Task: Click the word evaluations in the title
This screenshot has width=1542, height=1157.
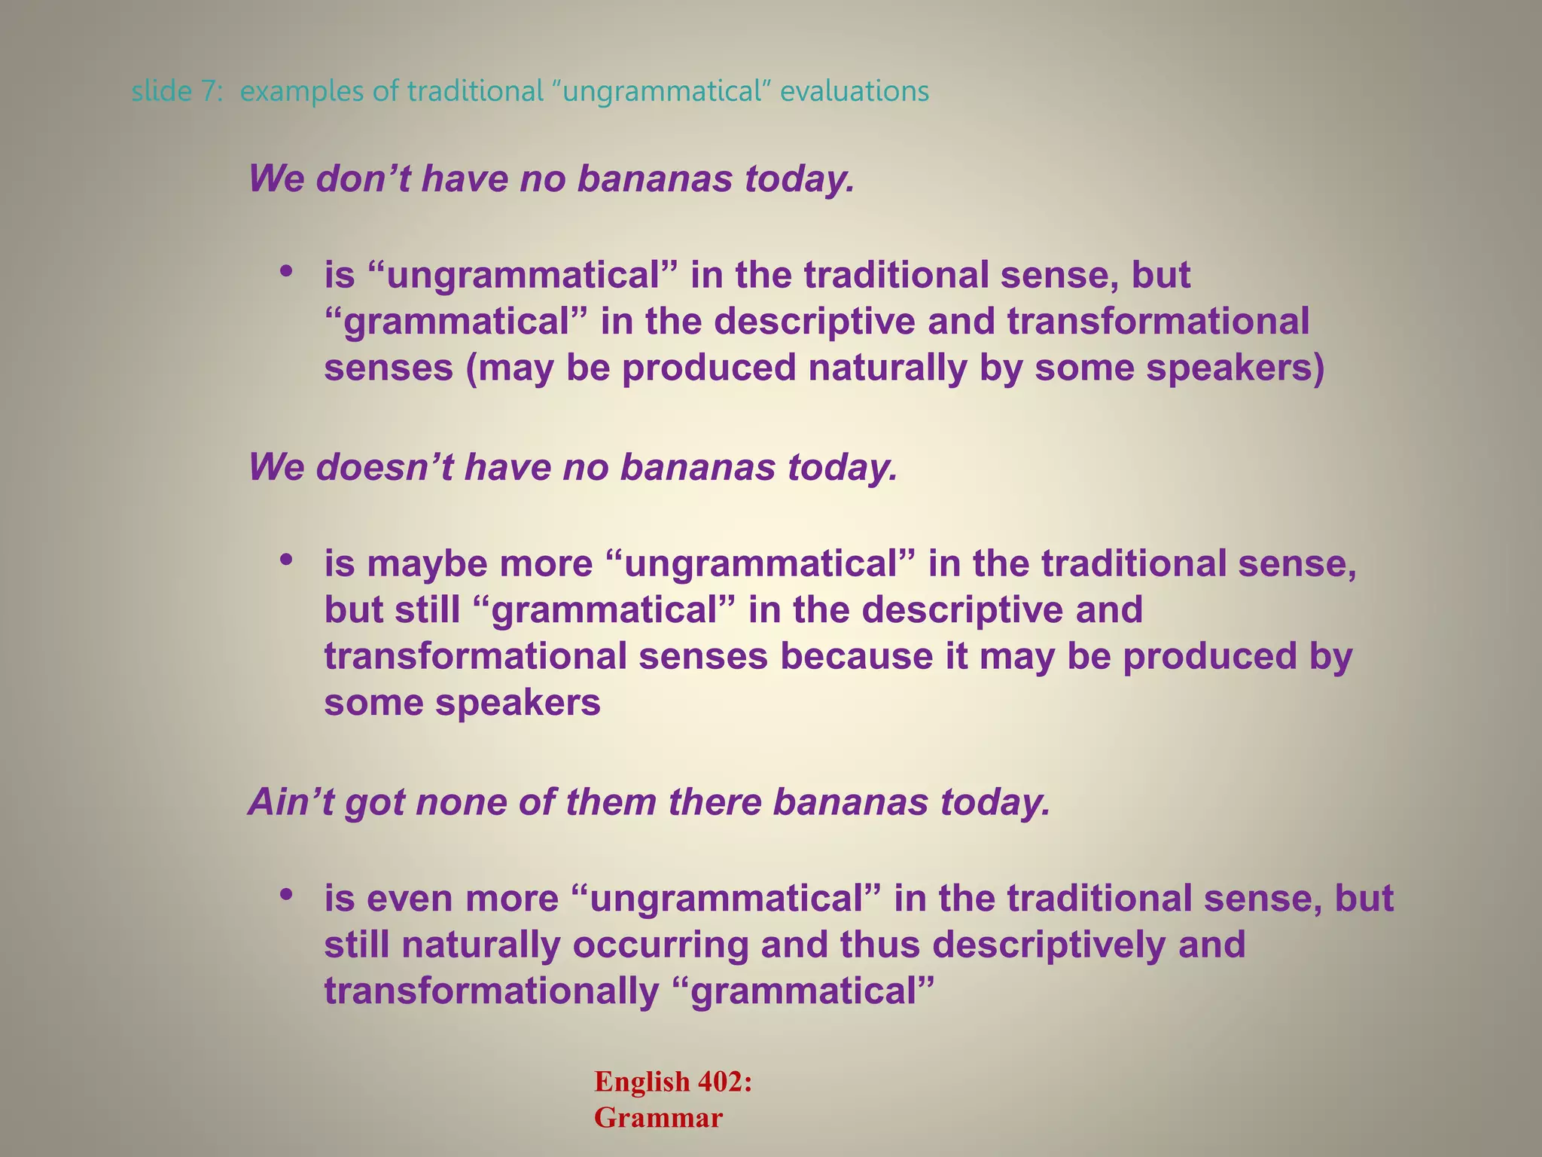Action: [x=854, y=92]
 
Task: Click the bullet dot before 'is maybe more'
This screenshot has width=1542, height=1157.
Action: [x=285, y=560]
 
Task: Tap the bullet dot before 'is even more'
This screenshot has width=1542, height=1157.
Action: [x=285, y=895]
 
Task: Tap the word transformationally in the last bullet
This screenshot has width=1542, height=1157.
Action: [x=491, y=992]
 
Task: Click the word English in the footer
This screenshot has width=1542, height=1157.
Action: [x=641, y=1082]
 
